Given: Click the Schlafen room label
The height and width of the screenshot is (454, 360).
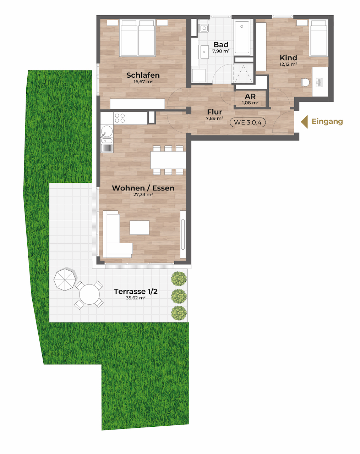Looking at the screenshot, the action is tap(143, 75).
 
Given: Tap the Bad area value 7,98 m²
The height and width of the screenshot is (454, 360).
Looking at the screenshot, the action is tap(221, 51).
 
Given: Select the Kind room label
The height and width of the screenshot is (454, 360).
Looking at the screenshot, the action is tap(288, 57).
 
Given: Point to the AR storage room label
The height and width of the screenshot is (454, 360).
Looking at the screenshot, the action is tap(250, 96).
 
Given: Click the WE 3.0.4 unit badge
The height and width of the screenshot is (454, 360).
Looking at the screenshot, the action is tap(247, 122).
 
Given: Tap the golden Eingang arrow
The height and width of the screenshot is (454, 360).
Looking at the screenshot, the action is tap(304, 122).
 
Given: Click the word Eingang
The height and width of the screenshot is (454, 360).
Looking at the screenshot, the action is tap(327, 122).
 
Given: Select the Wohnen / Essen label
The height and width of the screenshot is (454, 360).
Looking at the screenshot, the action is tap(143, 188).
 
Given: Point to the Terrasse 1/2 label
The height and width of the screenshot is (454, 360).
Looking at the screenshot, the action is tap(136, 291).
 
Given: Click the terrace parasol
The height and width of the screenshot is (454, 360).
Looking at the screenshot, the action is tap(65, 279).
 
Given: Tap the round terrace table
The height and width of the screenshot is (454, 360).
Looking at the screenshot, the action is tap(89, 294).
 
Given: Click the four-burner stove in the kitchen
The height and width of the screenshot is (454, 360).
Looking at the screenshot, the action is tap(120, 118).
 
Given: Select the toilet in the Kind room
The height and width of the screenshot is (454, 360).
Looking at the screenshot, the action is tap(305, 82).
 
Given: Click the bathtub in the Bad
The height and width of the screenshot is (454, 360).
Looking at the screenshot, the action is tap(242, 37).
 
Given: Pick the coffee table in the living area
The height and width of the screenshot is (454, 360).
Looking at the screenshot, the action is tap(140, 227).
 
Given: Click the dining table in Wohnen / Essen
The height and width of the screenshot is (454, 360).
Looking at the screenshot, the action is tap(168, 160).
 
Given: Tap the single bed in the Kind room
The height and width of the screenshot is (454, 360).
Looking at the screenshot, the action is tap(318, 38).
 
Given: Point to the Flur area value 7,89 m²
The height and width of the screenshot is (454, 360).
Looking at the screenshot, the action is tap(214, 118).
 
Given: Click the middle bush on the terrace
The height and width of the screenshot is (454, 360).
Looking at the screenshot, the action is tap(179, 297).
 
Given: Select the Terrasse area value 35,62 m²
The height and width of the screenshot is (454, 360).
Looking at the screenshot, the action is tap(136, 298).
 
